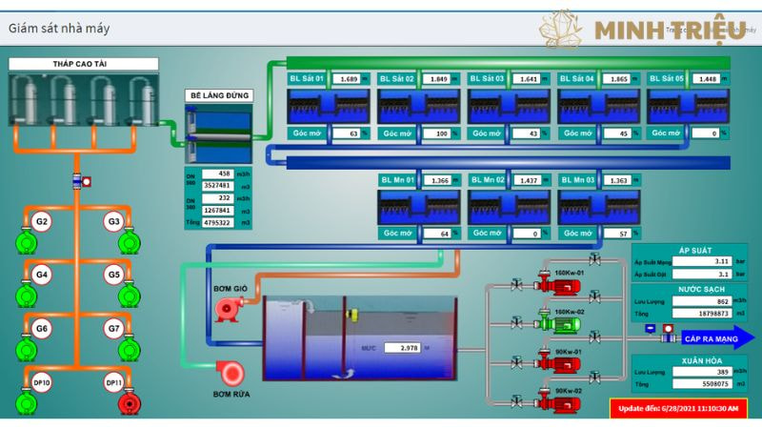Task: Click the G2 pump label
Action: pos(41,221)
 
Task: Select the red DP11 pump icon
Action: pos(127,404)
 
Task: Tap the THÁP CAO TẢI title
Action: pos(84,64)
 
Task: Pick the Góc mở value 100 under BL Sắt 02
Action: pos(437,134)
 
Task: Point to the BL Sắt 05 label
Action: pos(667,79)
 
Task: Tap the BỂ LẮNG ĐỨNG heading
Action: pos(218,95)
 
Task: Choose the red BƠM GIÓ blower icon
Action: pos(228,307)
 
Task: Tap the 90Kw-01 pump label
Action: pos(568,352)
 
